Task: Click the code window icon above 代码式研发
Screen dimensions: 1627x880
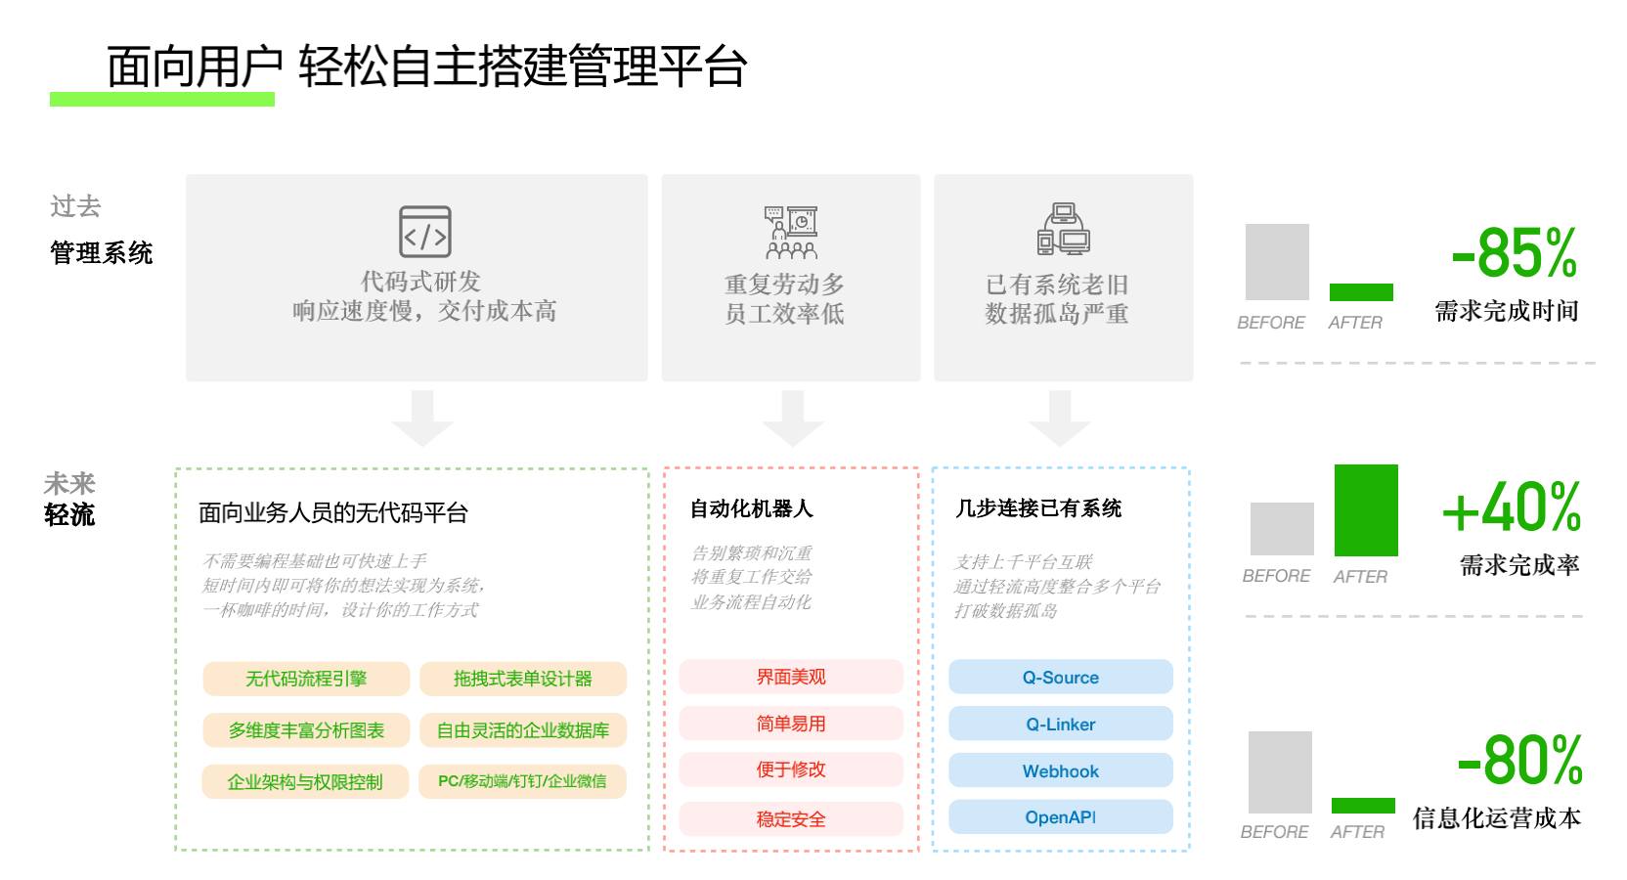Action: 425,232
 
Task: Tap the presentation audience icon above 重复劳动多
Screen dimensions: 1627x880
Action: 791,233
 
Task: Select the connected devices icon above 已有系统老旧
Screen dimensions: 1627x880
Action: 1064,229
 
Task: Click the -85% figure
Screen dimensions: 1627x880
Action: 1515,252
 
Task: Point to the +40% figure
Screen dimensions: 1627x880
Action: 1512,506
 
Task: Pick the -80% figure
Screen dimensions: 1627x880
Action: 1519,760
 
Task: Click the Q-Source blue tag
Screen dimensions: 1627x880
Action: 1061,677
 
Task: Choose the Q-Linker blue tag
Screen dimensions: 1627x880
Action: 1061,724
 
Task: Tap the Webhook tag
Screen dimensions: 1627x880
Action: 1061,770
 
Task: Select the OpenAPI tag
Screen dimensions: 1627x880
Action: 1061,816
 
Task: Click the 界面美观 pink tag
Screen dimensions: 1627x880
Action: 791,677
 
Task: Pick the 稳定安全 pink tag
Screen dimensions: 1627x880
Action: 791,819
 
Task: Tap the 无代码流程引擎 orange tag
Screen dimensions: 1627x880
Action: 306,679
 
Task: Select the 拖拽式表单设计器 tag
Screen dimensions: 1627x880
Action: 523,679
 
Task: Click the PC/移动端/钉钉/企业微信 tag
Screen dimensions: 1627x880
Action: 523,781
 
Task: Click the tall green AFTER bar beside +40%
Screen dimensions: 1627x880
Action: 1366,509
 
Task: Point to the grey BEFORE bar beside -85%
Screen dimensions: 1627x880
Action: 1277,261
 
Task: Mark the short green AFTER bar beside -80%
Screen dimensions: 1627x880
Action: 1363,806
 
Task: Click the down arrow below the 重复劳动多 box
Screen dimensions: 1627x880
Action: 792,418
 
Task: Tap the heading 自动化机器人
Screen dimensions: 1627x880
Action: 751,508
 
